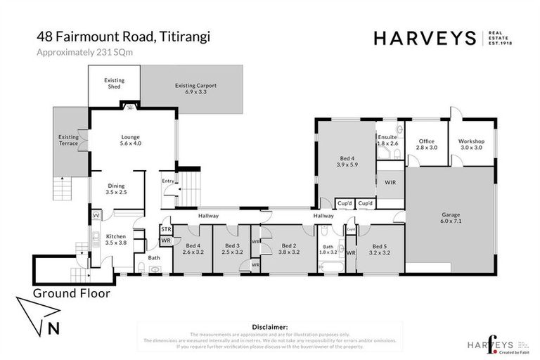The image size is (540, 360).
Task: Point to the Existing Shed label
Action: [114, 84]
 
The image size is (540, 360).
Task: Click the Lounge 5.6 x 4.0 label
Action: [131, 140]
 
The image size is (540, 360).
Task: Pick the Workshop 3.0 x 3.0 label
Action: [471, 144]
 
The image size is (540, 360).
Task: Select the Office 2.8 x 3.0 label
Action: [427, 144]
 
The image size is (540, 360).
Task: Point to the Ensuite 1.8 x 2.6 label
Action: [387, 140]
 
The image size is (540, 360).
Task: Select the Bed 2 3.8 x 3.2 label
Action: [289, 248]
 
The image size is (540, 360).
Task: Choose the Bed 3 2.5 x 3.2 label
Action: [231, 248]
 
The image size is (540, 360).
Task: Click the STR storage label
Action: [167, 229]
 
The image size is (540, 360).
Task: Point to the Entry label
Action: [167, 181]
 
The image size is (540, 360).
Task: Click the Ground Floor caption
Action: [71, 293]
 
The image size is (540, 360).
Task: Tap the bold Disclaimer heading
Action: [269, 327]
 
